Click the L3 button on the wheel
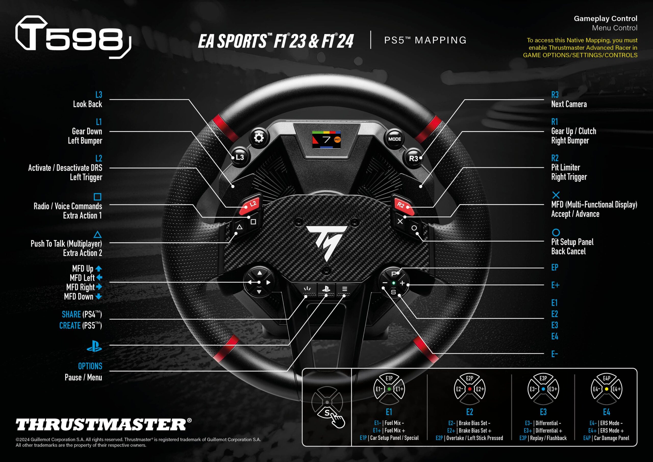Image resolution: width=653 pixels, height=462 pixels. click(x=240, y=157)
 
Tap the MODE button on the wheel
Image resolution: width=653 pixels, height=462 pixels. click(x=394, y=139)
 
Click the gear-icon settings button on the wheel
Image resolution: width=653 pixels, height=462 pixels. click(x=259, y=138)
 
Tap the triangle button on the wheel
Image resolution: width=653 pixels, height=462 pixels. click(x=240, y=227)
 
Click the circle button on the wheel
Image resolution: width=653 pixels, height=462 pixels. click(x=414, y=228)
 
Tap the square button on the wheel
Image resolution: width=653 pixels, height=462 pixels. click(x=253, y=222)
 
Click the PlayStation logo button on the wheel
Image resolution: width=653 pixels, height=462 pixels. click(x=326, y=289)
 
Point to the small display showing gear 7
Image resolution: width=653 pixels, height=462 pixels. click(x=326, y=139)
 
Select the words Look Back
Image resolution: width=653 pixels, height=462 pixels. click(x=87, y=104)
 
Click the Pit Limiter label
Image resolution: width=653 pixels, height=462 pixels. click(x=566, y=167)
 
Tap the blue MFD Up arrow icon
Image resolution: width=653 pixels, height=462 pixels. click(x=98, y=269)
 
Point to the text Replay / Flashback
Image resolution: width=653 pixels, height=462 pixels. click(x=548, y=438)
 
